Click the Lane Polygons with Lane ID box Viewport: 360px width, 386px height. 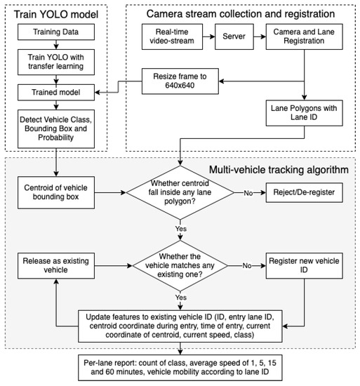click(304, 112)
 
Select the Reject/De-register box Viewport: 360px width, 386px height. click(304, 190)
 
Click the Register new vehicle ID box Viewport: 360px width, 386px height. click(304, 267)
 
